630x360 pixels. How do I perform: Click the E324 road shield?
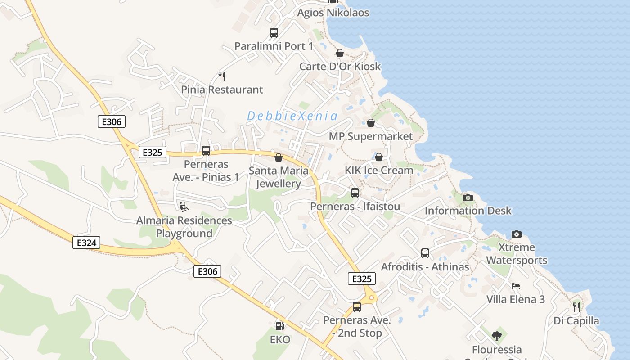click(86, 243)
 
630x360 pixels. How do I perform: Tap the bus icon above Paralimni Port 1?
click(274, 33)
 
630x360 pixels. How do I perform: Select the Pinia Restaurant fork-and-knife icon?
click(221, 76)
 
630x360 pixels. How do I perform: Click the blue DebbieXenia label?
click(292, 116)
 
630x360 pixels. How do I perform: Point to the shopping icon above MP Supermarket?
click(371, 123)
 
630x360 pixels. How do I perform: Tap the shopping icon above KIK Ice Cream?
click(379, 157)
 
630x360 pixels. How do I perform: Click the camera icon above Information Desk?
click(468, 198)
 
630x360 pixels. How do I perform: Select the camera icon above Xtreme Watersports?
click(517, 234)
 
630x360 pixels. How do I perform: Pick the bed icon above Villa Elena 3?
click(516, 286)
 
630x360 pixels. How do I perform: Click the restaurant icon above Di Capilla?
click(576, 307)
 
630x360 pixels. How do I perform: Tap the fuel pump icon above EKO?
click(279, 326)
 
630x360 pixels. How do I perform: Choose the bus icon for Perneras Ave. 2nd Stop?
click(357, 307)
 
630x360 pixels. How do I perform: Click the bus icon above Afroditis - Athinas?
click(425, 253)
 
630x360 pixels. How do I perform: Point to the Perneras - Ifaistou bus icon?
click(355, 193)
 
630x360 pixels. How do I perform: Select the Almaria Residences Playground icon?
click(184, 207)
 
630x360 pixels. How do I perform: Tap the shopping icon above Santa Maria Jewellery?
click(279, 157)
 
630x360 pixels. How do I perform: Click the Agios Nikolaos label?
click(333, 13)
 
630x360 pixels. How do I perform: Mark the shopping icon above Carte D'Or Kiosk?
click(340, 53)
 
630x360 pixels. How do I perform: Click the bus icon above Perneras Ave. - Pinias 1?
click(206, 151)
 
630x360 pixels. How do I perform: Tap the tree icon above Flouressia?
click(497, 336)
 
